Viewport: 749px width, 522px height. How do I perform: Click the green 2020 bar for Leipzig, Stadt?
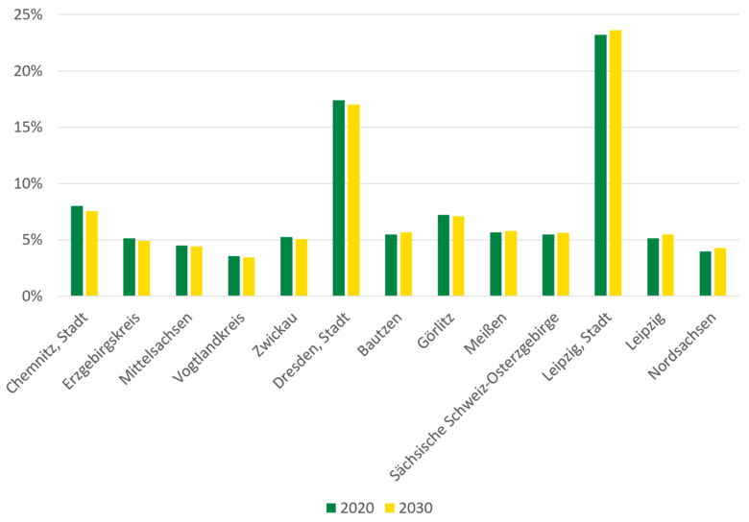click(x=600, y=165)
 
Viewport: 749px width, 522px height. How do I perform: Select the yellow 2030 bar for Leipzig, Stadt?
click(x=616, y=163)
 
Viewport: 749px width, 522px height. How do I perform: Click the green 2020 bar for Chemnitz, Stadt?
click(x=77, y=250)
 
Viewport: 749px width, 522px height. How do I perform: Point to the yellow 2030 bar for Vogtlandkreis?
click(x=249, y=276)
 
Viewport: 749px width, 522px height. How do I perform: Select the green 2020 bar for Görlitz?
click(x=444, y=255)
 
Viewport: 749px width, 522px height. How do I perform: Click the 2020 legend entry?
click(x=351, y=508)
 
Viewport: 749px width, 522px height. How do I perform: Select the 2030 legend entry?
click(x=409, y=508)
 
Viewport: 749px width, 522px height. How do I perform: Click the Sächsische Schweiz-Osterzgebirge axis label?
click(x=480, y=393)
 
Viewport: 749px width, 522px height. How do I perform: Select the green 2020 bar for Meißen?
click(x=495, y=264)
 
